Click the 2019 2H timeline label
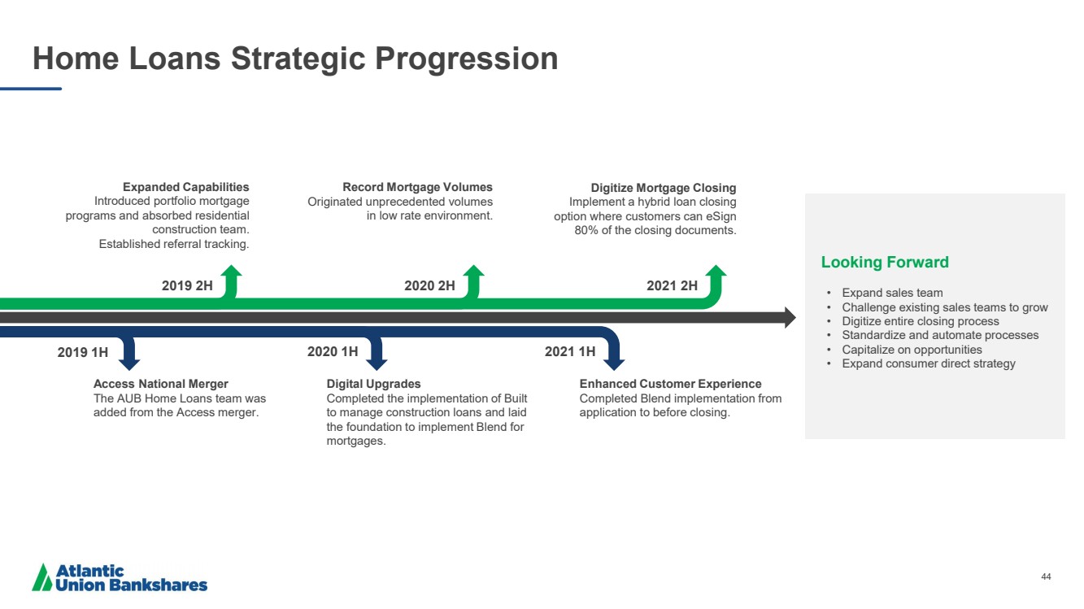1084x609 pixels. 187,286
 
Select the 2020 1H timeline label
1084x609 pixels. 333,352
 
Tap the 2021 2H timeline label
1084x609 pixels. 673,286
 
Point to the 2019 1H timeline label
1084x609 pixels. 83,353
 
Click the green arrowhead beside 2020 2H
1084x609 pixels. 473,271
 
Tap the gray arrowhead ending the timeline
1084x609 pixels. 790,317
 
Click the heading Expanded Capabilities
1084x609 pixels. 186,187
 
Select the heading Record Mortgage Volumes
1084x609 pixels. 418,187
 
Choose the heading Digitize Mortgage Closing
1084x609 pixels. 664,188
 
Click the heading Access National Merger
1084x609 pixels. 161,384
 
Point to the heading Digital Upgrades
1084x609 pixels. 373,384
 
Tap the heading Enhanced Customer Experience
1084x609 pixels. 670,384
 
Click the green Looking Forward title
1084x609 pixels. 885,262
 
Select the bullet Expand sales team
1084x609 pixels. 892,294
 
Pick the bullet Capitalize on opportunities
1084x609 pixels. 912,350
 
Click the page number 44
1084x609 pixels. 1046,576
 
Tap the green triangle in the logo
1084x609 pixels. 42,578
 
